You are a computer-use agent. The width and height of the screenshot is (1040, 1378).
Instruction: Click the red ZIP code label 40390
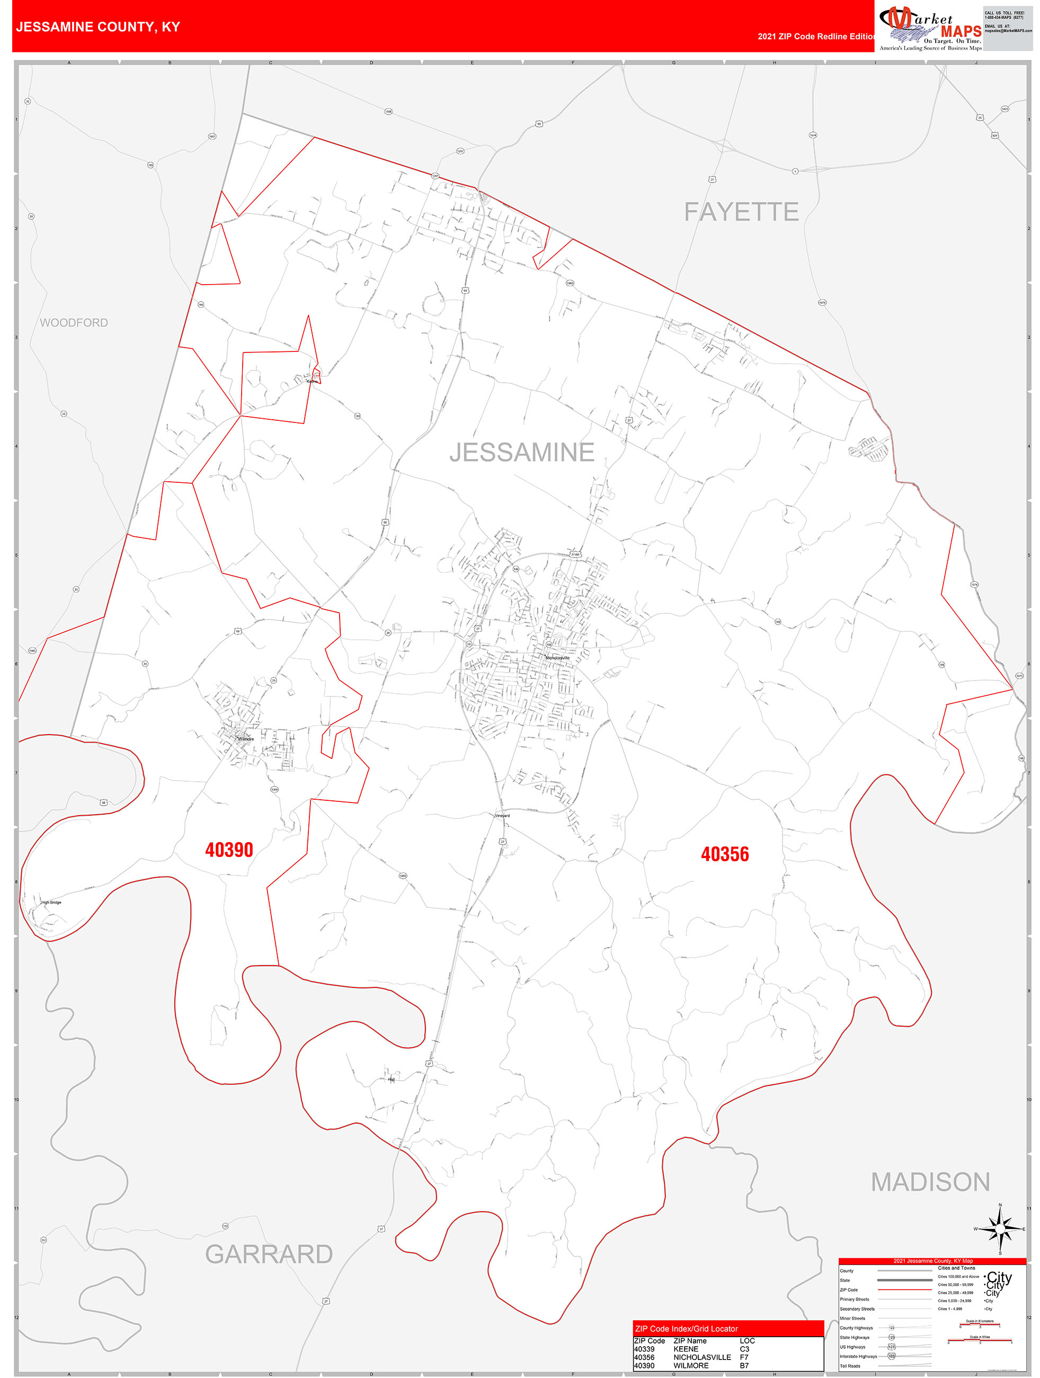(229, 850)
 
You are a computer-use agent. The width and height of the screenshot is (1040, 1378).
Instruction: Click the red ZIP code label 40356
(725, 854)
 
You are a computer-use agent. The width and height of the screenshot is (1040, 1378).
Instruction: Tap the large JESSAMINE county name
(522, 452)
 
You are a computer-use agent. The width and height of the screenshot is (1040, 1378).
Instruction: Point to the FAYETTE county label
(741, 212)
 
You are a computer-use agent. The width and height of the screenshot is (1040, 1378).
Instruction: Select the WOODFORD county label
(74, 323)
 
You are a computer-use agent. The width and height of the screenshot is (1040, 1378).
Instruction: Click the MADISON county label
(930, 1182)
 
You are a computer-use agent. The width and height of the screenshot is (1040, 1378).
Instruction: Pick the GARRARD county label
(269, 1254)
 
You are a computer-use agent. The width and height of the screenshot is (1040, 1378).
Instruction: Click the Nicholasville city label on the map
(557, 658)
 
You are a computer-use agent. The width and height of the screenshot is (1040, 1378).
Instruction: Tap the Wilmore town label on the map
(246, 739)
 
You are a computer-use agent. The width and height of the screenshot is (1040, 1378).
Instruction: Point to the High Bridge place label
(51, 902)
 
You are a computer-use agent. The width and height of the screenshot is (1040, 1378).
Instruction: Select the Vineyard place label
(502, 816)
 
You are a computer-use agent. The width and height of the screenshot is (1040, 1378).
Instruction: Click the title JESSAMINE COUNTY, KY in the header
(98, 27)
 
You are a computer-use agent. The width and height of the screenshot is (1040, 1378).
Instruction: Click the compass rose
(1000, 1229)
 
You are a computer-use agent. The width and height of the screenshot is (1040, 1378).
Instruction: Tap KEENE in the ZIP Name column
(686, 1349)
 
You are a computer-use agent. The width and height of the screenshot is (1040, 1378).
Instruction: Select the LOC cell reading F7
(744, 1357)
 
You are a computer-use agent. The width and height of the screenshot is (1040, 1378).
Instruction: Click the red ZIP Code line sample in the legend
(904, 1289)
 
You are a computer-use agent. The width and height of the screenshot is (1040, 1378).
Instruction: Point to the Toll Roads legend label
(849, 1366)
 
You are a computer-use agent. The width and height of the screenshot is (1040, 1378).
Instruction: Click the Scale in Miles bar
(980, 1340)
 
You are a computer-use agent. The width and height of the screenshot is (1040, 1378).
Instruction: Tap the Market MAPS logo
(930, 27)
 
